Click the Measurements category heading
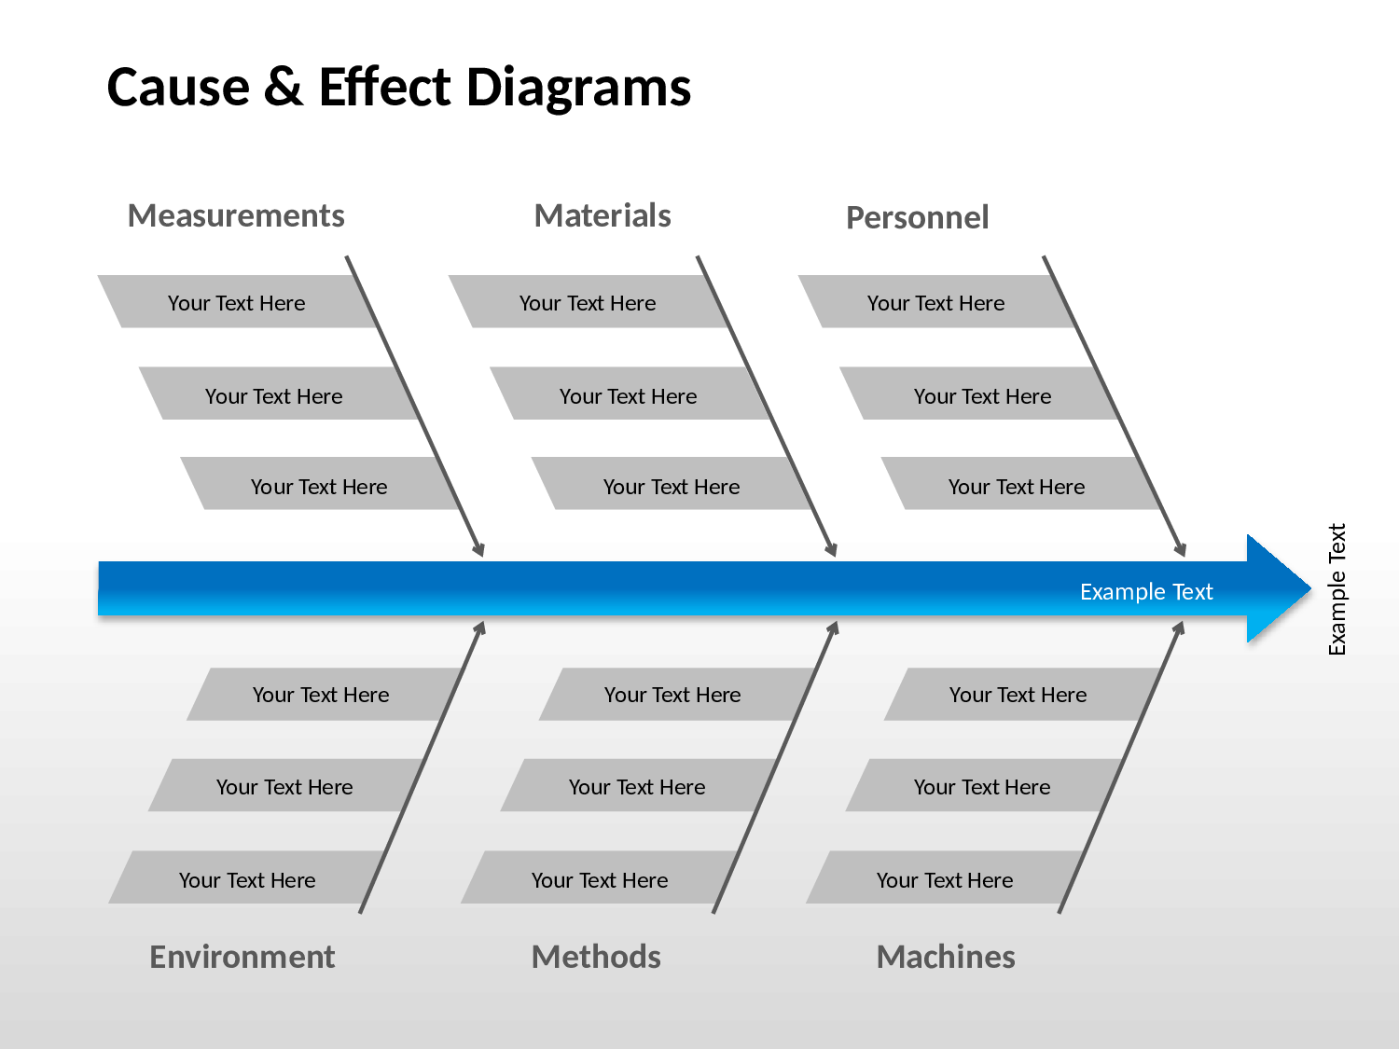pos(236,215)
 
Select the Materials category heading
pos(603,215)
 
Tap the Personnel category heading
pos(917,217)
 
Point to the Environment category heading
pos(242,957)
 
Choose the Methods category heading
pos(596,957)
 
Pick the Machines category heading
pos(946,957)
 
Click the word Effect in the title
pos(385,87)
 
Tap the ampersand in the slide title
pos(283,87)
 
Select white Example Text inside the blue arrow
pos(1146,592)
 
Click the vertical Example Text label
pos(1337,589)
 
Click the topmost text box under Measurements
pos(237,301)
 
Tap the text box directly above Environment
pos(246,877)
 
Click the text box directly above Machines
pos(944,877)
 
